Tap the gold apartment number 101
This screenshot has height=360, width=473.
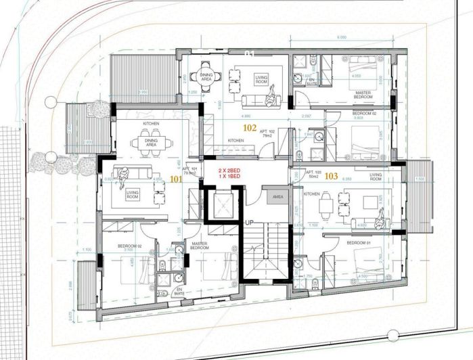(x=176, y=181)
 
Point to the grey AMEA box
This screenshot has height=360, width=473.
(x=278, y=197)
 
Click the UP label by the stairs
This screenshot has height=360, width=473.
(x=249, y=221)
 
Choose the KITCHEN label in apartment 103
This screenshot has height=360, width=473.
(x=311, y=194)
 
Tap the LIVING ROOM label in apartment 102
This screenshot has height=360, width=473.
(x=262, y=81)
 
